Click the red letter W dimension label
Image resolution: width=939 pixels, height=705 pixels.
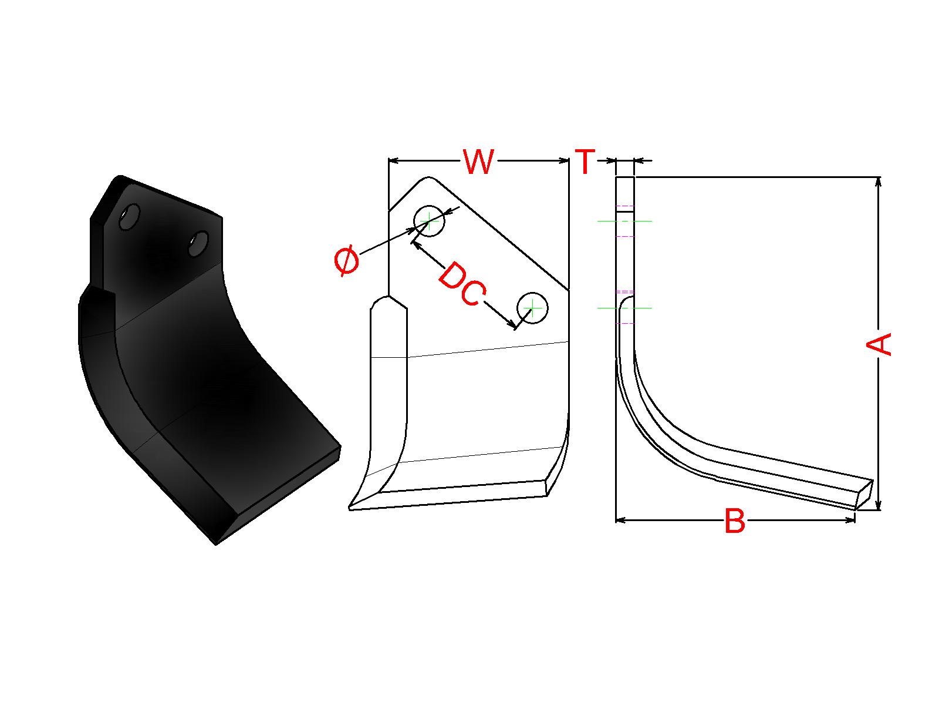click(478, 162)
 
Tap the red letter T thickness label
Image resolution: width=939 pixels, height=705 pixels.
click(585, 162)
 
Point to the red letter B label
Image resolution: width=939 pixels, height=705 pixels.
click(735, 520)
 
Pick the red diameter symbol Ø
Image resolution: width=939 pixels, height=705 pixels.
click(346, 260)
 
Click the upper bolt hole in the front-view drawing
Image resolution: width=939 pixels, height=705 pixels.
click(429, 221)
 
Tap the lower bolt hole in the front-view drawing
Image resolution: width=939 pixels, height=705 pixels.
click(532, 308)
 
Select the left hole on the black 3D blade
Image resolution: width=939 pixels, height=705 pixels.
click(130, 217)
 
